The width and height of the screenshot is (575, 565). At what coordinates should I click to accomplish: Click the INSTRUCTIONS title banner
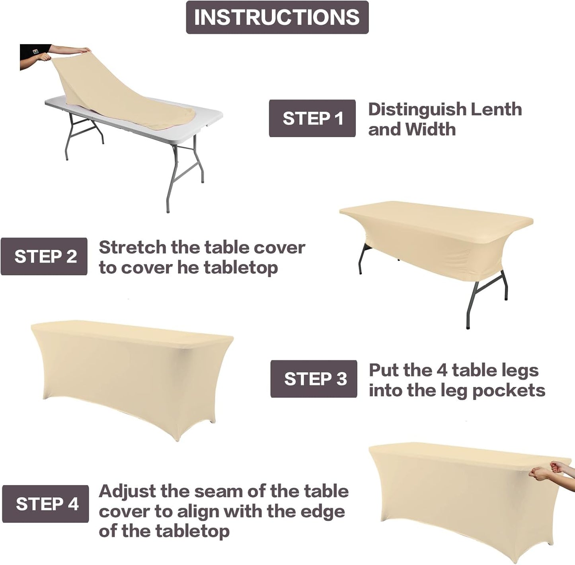277,17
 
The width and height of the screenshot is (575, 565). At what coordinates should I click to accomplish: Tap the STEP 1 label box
312,118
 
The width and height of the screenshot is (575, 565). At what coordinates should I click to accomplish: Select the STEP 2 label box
44,256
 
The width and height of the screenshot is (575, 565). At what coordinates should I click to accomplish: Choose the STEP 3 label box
314,379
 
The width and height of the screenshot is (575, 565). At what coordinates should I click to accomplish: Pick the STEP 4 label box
45,504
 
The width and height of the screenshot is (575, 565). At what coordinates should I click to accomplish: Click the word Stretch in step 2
133,247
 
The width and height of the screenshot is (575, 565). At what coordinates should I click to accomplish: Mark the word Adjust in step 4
127,492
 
